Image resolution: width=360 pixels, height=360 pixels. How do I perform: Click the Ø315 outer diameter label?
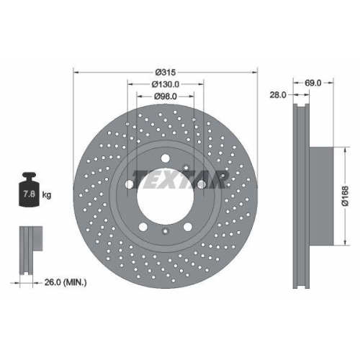coord(166,72)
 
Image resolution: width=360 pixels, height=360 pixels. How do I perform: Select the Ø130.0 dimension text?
coord(166,84)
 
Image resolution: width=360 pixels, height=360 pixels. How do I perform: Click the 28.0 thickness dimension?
coord(279,94)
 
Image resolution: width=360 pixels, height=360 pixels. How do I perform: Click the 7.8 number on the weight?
coord(28,194)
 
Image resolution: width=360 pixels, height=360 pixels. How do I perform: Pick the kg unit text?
coord(46,195)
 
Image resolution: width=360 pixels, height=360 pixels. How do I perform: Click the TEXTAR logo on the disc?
coord(182,178)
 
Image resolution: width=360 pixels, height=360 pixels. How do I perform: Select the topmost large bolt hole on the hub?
coord(166,159)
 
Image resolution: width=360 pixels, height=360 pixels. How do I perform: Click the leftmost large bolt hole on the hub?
coord(130,184)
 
